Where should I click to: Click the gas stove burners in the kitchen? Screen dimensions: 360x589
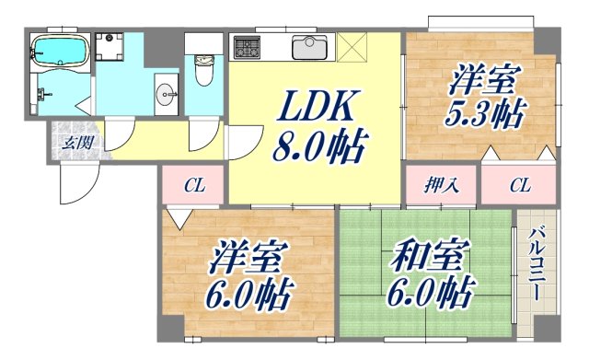click(x=248, y=46)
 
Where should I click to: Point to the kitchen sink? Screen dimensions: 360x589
click(x=308, y=46)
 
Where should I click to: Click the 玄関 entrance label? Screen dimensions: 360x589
click(x=75, y=141)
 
